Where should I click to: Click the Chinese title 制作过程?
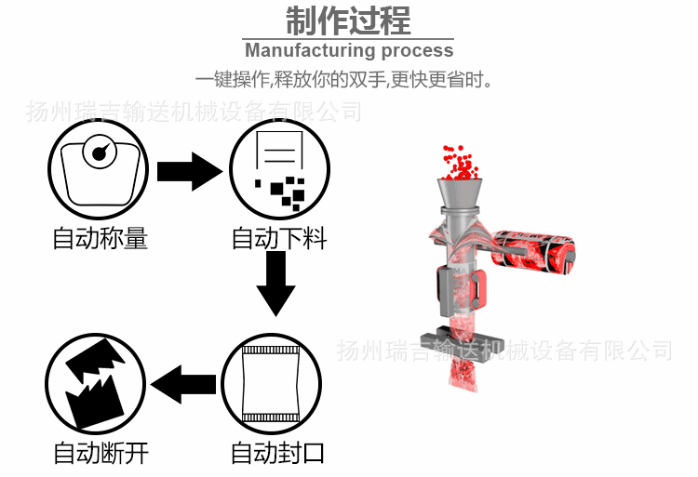coord(348,20)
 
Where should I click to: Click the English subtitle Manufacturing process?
coord(349,50)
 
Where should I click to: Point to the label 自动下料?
coord(278,239)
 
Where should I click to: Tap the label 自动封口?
coord(278,454)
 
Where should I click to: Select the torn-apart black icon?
coord(96,382)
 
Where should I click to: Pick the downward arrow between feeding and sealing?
coord(275,284)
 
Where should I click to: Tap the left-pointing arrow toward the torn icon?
coord(183,384)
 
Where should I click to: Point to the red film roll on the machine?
coord(534,251)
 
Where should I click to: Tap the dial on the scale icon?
coord(98,152)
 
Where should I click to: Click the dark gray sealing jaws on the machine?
coord(460,338)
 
